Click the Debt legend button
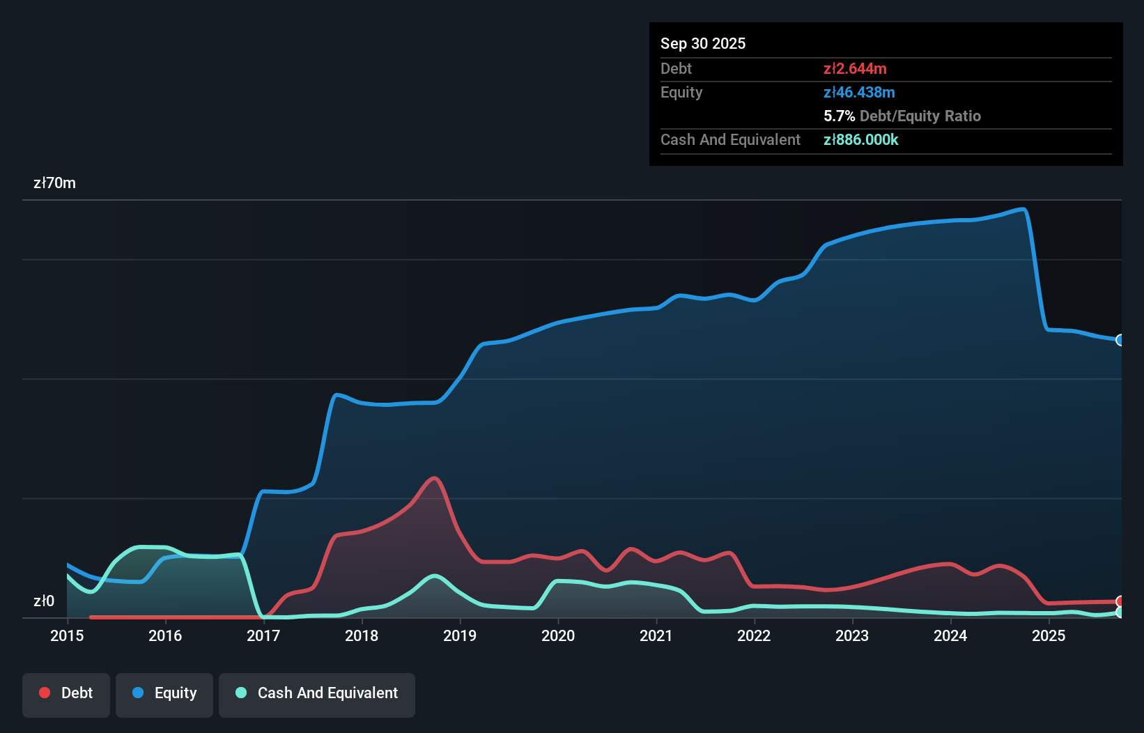[x=66, y=693]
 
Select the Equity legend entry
[x=164, y=693]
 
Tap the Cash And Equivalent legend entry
[x=317, y=693]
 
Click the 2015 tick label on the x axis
[x=67, y=635]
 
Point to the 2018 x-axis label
[x=362, y=635]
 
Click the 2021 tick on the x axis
[x=656, y=635]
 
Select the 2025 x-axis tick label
[x=1049, y=635]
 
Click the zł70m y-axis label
[x=54, y=183]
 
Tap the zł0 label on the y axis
[x=44, y=601]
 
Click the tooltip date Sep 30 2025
[x=703, y=43]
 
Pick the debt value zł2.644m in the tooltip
[x=855, y=68]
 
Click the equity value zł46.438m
[x=859, y=92]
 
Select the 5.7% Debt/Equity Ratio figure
[x=902, y=116]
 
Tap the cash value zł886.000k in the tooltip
[x=860, y=139]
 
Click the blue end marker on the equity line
[x=1120, y=340]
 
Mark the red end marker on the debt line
[x=1120, y=601]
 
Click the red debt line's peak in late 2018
[x=435, y=478]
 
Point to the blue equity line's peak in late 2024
[x=1023, y=209]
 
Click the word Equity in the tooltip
[x=681, y=92]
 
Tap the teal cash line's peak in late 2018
[x=435, y=576]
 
